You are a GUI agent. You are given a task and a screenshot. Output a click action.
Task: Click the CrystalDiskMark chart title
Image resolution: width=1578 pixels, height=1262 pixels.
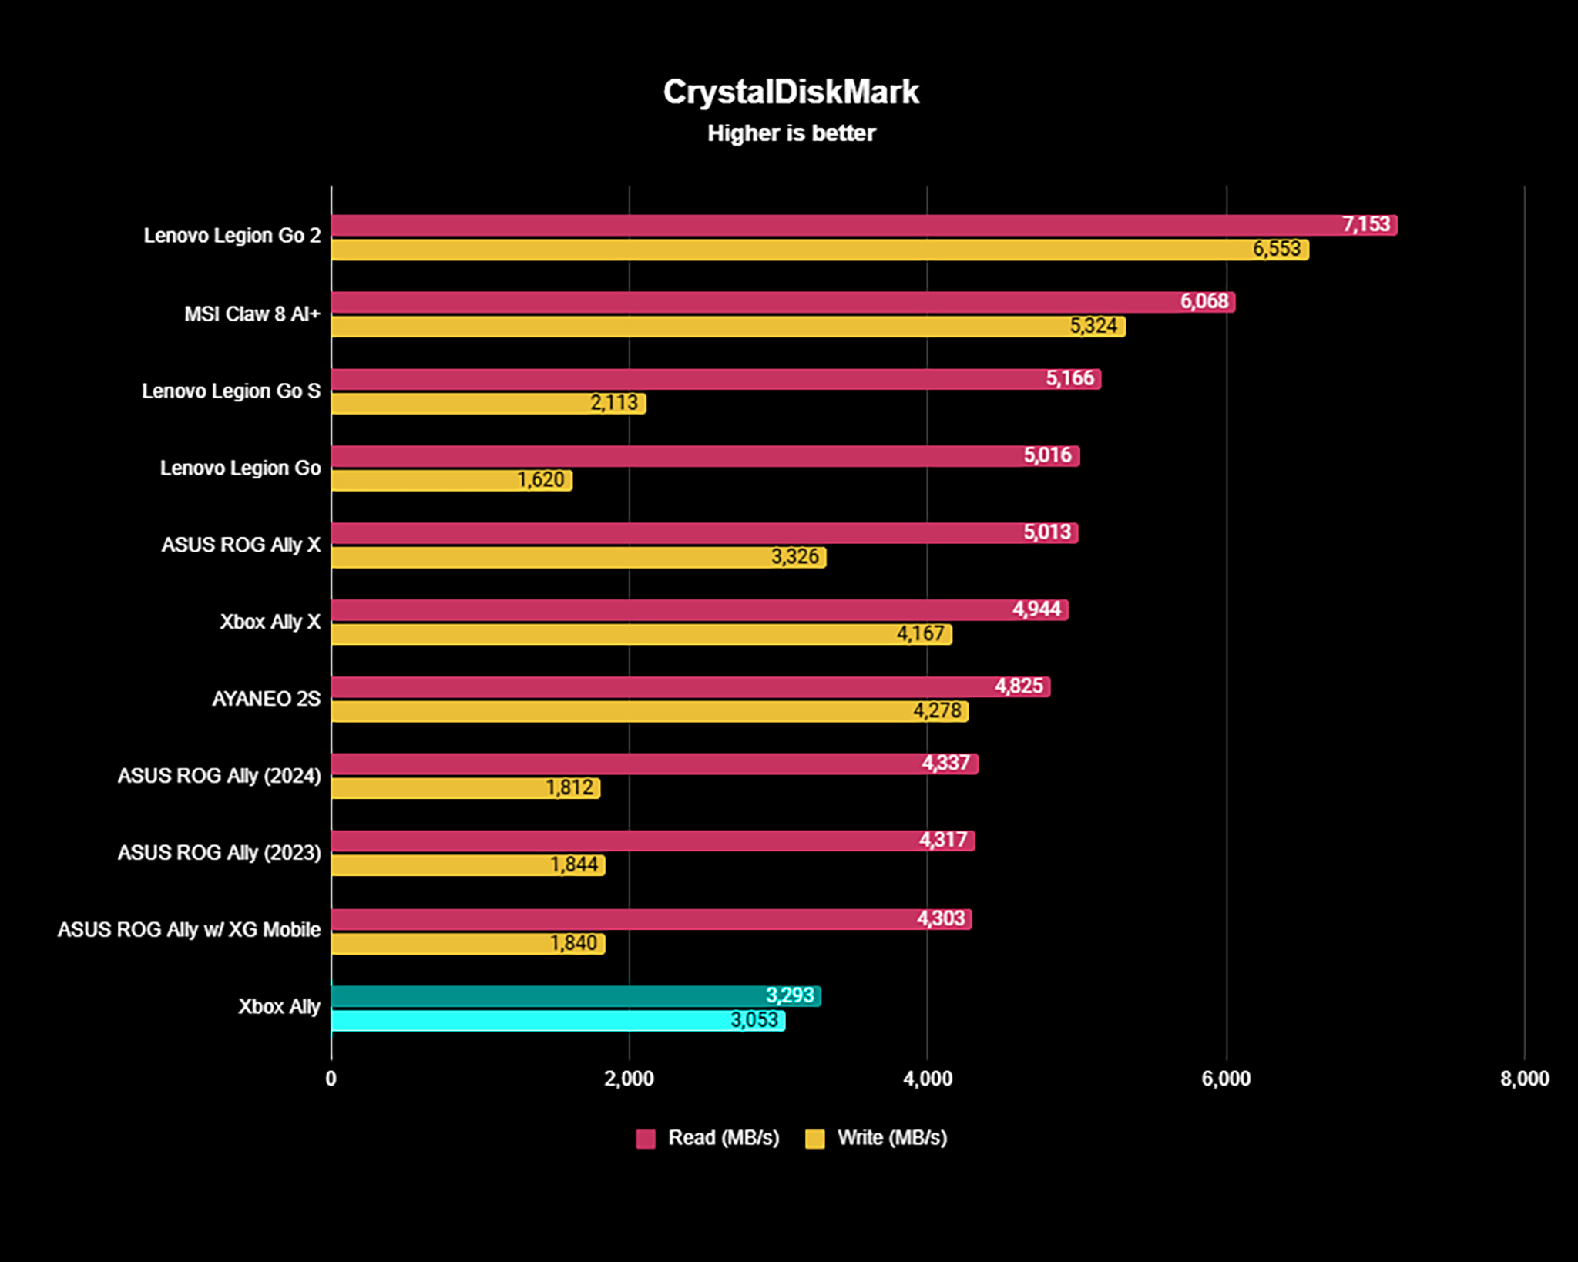coord(791,92)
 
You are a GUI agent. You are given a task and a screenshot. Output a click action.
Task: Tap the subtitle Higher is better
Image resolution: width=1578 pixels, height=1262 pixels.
coord(791,133)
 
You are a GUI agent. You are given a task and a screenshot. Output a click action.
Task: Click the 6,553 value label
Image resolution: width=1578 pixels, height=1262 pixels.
coord(1276,249)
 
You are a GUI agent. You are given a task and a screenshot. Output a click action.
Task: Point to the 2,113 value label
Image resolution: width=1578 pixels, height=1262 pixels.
coord(613,403)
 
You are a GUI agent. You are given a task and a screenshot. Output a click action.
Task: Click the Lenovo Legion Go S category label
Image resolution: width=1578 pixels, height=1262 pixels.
coord(230,391)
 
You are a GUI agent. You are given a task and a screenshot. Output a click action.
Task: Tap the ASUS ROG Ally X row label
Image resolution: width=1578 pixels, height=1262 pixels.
coord(240,545)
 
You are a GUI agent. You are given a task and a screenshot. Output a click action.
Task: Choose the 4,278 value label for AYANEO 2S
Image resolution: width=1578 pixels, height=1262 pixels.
coord(937,710)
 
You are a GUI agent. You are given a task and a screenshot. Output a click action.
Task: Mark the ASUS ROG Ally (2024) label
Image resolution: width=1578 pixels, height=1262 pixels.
coord(219,776)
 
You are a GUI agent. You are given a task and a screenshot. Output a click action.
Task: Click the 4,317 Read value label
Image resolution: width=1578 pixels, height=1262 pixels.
coord(943,840)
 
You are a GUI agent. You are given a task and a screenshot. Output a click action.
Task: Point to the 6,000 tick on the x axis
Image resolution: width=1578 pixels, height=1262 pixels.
coord(1225,1079)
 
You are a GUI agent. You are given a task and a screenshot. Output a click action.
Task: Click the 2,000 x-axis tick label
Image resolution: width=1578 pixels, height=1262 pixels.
coord(629,1079)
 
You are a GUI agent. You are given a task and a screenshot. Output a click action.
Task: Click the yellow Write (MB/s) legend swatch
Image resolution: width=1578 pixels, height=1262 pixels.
coord(814,1139)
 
